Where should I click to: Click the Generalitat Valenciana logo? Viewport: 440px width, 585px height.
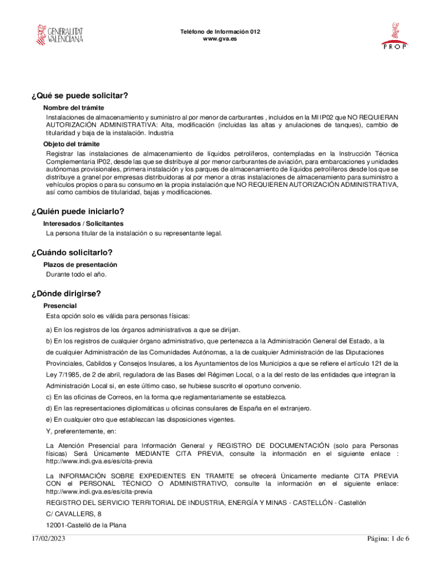pyautogui.click(x=60, y=34)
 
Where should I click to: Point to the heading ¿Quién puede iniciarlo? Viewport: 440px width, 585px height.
pyautogui.click(x=78, y=212)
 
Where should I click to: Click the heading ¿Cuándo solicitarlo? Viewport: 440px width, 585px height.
pyautogui.click(x=72, y=253)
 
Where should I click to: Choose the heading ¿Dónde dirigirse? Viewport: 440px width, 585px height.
pyautogui.click(x=66, y=294)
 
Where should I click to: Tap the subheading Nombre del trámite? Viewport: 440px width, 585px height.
pyautogui.click(x=74, y=108)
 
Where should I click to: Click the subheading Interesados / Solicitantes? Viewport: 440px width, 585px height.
pyautogui.click(x=83, y=224)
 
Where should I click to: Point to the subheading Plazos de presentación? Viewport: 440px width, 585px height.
pyautogui.click(x=81, y=265)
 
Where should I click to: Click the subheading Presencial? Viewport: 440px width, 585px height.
pyautogui.click(x=60, y=306)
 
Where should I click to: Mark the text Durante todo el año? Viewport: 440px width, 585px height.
pyautogui.click(x=77, y=274)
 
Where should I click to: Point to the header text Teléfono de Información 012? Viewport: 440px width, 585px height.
pyautogui.click(x=220, y=32)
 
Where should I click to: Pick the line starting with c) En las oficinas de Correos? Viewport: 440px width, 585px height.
pyautogui.click(x=166, y=397)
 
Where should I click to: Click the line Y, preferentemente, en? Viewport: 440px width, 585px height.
pyautogui.click(x=81, y=431)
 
